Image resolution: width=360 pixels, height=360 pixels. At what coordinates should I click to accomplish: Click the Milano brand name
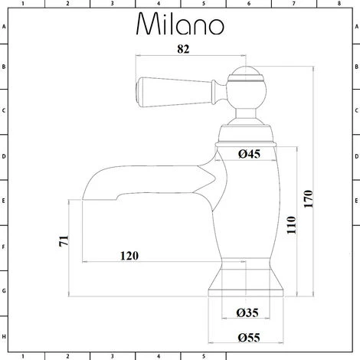[x=181, y=25]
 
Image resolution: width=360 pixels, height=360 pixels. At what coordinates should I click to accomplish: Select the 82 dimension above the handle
[x=184, y=48]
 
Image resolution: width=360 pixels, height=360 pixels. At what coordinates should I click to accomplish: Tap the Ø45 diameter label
[x=250, y=155]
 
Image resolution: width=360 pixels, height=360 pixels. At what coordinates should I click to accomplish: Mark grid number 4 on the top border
[x=158, y=4]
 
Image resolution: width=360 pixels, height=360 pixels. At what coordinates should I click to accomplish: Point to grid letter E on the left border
[x=4, y=203]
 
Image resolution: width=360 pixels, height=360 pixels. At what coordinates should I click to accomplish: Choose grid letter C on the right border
[x=355, y=113]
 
